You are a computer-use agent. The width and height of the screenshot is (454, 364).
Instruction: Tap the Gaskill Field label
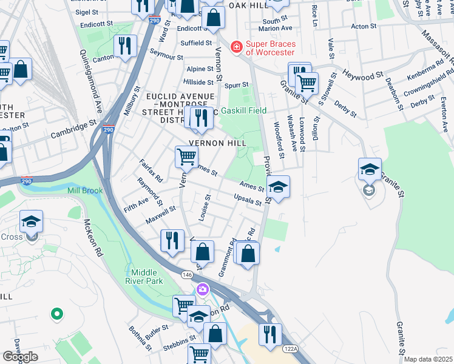pyautogui.click(x=244, y=111)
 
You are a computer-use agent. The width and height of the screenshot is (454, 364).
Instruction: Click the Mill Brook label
pyautogui.click(x=85, y=190)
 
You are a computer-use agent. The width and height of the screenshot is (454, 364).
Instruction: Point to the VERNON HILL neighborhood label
pyautogui.click(x=217, y=143)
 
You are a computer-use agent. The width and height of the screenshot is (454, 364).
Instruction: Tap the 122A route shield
pyautogui.click(x=290, y=348)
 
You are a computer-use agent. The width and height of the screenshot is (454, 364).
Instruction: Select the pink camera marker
pyautogui.click(x=202, y=289)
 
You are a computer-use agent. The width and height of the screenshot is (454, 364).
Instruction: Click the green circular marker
pyautogui.click(x=56, y=314)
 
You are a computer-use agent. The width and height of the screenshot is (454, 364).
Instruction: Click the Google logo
pyautogui.click(x=20, y=357)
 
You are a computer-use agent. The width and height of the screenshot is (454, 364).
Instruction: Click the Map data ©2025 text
pyautogui.click(x=429, y=359)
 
